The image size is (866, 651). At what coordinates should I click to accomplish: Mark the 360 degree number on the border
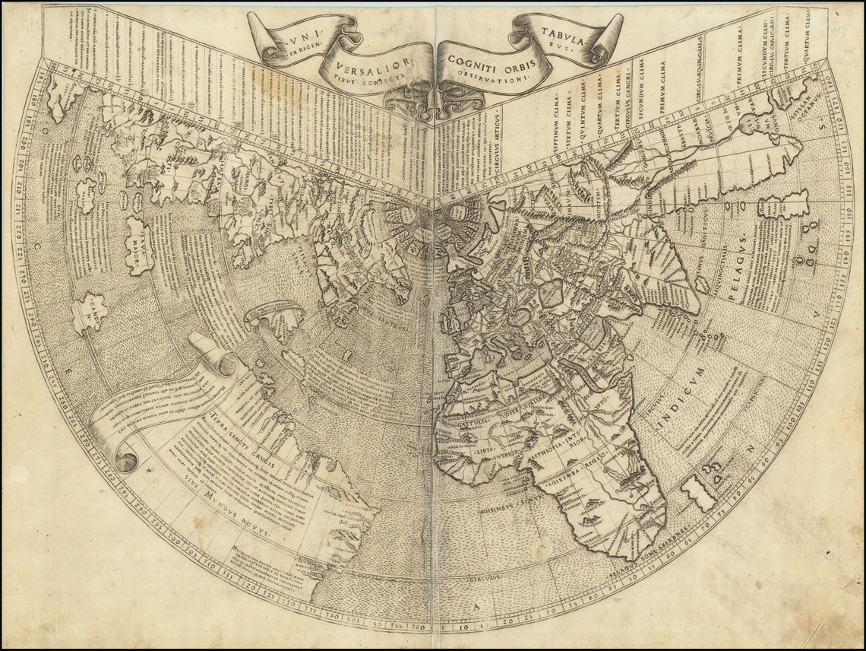point(418,626)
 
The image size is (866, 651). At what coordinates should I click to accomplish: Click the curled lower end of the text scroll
point(125,460)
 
